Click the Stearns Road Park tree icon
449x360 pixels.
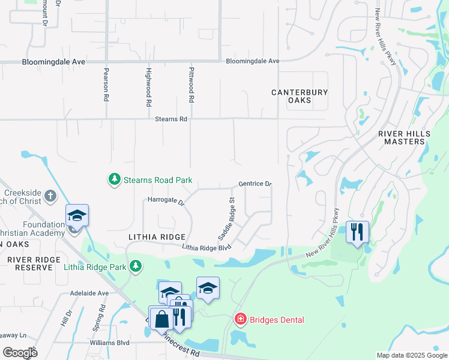point(114,179)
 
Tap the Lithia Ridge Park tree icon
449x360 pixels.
point(136,265)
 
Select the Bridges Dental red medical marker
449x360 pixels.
point(240,319)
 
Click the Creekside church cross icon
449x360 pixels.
point(50,196)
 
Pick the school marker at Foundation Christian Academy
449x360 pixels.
point(77,215)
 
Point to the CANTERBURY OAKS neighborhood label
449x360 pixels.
point(300,96)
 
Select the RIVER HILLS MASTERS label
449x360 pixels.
point(402,137)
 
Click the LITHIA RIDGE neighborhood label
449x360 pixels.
point(156,238)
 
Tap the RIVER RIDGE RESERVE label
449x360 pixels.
point(30,263)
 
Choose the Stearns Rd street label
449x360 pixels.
point(171,119)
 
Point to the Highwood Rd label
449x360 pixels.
point(148,88)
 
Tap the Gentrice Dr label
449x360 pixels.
point(255,184)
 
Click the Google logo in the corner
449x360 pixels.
point(20,352)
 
